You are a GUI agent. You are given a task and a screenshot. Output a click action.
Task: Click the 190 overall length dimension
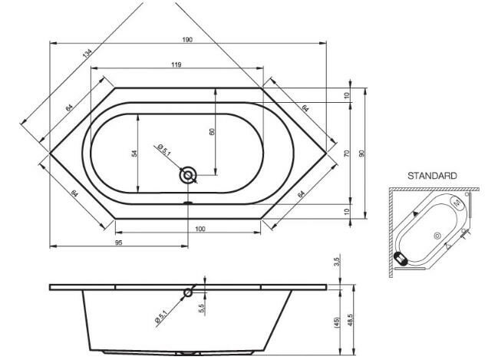click(187, 40)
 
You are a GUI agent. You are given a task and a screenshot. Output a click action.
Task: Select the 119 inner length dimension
click(176, 64)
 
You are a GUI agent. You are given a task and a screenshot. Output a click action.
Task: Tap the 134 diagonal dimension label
click(87, 53)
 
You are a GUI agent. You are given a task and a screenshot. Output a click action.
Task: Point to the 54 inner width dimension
click(134, 154)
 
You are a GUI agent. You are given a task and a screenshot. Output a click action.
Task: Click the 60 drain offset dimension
click(212, 132)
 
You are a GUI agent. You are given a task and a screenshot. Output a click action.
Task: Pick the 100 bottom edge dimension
click(200, 229)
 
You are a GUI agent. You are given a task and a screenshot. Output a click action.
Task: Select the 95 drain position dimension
click(119, 243)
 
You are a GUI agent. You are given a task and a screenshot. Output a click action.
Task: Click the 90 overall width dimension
click(361, 154)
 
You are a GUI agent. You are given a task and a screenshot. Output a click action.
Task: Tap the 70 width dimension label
click(348, 154)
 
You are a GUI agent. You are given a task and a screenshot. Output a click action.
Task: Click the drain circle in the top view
click(188, 175)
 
